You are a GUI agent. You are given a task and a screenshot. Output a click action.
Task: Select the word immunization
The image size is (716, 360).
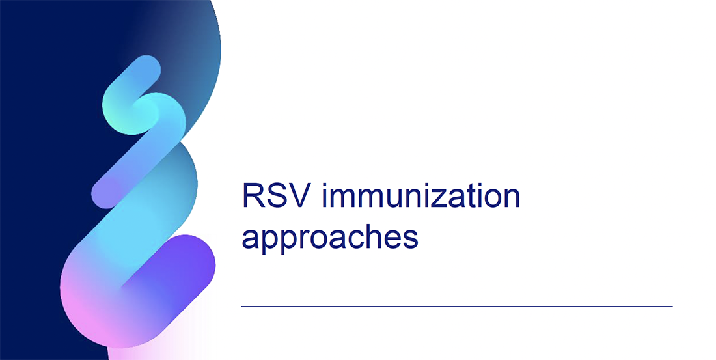[x=420, y=197]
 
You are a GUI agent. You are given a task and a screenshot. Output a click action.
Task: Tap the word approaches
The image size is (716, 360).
[x=329, y=238]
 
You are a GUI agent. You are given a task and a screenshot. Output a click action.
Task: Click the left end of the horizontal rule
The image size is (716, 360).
[x=242, y=306]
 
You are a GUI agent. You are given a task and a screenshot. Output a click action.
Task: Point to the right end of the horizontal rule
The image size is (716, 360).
[x=671, y=306]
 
